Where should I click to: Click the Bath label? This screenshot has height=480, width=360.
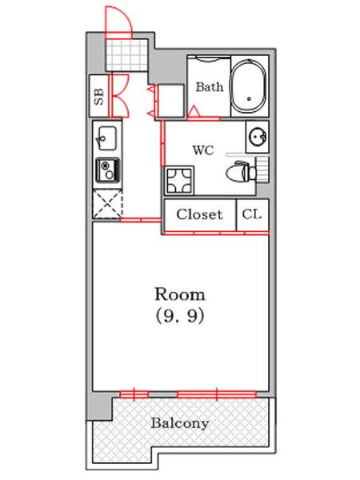(210, 86)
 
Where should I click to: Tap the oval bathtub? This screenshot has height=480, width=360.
(248, 86)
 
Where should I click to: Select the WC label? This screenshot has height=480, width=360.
(203, 150)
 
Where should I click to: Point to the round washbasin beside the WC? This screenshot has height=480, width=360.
(257, 137)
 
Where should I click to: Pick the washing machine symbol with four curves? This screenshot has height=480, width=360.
(179, 180)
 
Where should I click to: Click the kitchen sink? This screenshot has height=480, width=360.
(106, 138)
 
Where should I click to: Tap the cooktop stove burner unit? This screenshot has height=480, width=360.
(108, 170)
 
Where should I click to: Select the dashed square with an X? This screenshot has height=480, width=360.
(107, 203)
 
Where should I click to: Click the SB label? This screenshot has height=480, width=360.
(98, 97)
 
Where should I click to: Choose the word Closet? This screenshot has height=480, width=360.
(199, 214)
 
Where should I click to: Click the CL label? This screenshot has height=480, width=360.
(252, 214)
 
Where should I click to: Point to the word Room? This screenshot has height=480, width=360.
(180, 294)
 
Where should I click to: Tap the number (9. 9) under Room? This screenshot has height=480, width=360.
(180, 316)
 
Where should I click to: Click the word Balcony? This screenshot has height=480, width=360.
(180, 423)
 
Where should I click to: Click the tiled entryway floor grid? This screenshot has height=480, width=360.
(127, 55)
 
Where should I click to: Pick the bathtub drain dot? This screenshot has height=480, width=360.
(249, 98)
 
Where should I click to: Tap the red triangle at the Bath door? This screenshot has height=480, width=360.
(194, 111)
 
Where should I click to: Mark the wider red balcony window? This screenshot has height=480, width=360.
(217, 394)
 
